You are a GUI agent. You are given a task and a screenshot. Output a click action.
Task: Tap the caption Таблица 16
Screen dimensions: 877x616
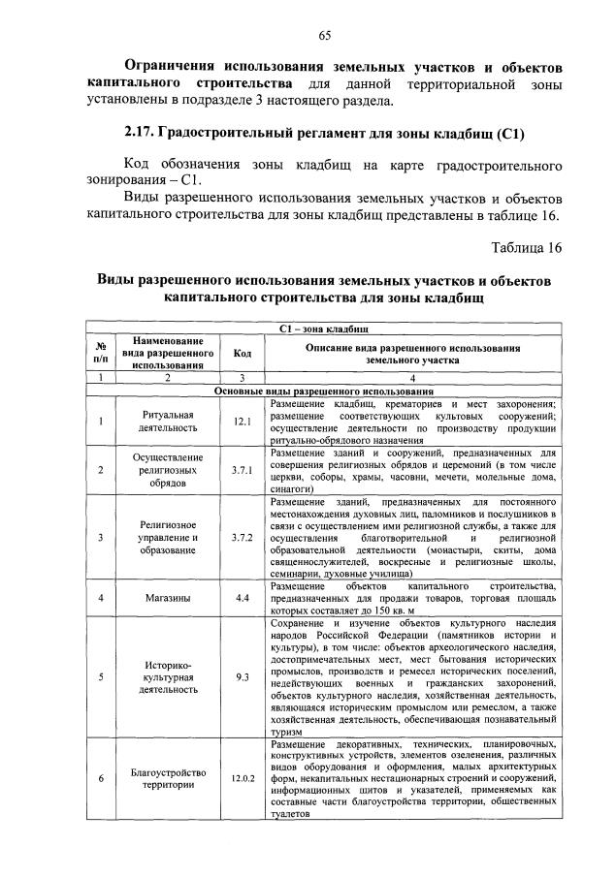click(x=526, y=246)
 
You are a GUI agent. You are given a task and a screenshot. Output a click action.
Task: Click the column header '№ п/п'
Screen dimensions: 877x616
click(x=100, y=354)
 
